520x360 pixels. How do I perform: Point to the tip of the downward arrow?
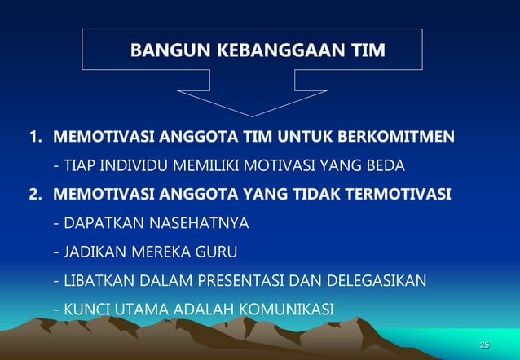[250, 115]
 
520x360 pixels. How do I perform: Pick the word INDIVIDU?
[136, 166]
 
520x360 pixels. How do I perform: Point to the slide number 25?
[485, 345]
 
